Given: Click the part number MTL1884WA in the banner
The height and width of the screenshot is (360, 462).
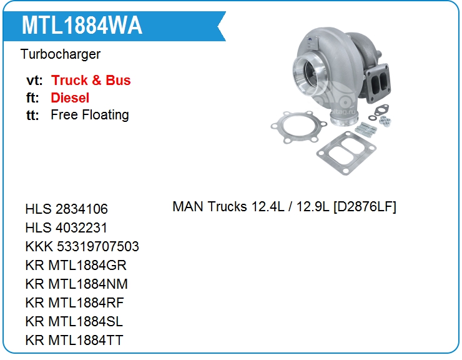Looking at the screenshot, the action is coord(82,26).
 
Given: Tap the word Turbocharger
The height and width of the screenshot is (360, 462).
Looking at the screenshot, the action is coord(61,54).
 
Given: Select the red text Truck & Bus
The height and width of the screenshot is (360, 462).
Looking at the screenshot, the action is coord(91,80).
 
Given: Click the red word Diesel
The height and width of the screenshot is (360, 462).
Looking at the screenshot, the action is coord(70,97).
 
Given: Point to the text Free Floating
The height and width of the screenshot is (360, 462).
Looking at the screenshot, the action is coord(90,115).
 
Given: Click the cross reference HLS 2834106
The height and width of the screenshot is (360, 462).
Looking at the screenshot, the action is coord(67,209).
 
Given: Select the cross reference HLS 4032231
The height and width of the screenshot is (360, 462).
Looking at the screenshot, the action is coord(66,227).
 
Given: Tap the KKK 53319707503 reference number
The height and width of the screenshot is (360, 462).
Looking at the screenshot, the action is coord(82,246).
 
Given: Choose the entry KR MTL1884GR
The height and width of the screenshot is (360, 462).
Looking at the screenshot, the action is coord(76,265).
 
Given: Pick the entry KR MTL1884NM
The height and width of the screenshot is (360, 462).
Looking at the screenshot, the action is coord(77,284).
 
